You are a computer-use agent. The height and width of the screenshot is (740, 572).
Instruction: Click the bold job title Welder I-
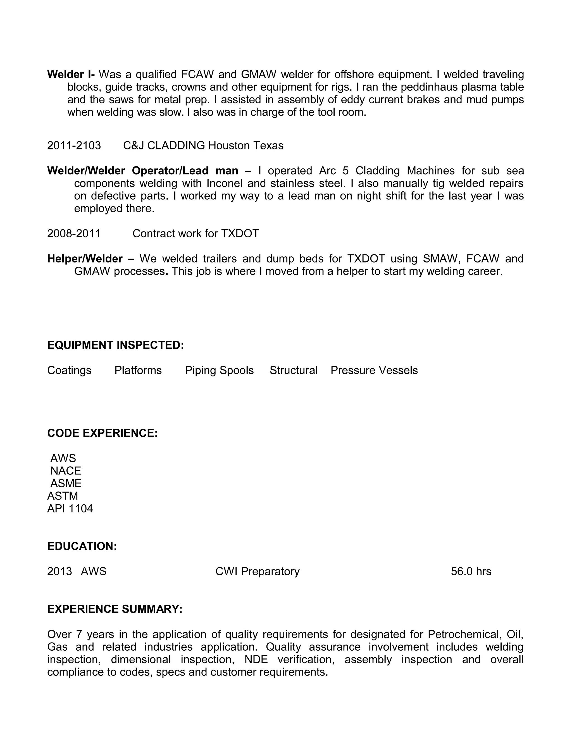pyautogui.click(x=71, y=74)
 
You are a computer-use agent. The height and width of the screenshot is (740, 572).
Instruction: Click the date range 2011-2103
pyautogui.click(x=74, y=145)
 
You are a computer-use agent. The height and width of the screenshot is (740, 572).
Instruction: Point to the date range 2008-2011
pyautogui.click(x=74, y=233)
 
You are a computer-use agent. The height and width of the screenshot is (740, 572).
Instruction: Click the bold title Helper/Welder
pyautogui.click(x=85, y=259)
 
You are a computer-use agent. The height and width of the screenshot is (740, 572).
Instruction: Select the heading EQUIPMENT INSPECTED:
pyautogui.click(x=116, y=345)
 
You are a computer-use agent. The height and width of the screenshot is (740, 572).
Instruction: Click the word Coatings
pyautogui.click(x=69, y=370)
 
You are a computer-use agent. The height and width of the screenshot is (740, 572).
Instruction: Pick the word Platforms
pyautogui.click(x=138, y=370)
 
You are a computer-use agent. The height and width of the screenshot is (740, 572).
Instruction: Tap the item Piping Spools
pyautogui.click(x=219, y=370)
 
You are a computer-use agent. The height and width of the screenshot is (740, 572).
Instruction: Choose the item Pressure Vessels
pyautogui.click(x=374, y=370)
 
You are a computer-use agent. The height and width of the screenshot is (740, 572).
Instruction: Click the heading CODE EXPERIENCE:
pyautogui.click(x=102, y=433)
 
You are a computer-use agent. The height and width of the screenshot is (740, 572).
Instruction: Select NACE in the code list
pyautogui.click(x=66, y=471)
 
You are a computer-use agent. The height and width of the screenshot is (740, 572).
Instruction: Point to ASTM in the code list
pyautogui.click(x=63, y=496)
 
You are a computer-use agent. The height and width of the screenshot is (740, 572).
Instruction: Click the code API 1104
pyautogui.click(x=70, y=509)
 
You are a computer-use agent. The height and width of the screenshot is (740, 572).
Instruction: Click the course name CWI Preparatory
pyautogui.click(x=258, y=571)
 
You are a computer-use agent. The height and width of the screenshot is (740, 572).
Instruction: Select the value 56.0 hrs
pyautogui.click(x=471, y=571)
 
